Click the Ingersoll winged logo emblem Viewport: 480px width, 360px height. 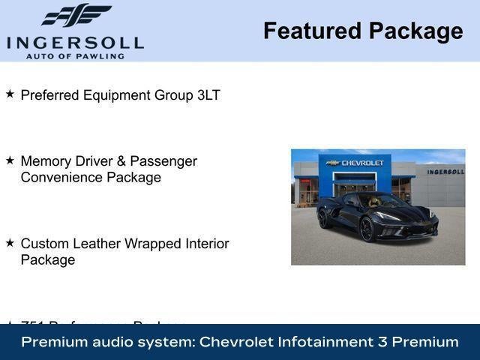[75, 15]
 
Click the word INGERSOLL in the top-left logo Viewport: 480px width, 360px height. [75, 41]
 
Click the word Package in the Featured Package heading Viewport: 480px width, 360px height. [415, 31]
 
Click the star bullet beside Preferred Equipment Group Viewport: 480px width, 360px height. [10, 94]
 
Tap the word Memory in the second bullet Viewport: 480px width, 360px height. [46, 161]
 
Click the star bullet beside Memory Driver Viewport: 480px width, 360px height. [10, 160]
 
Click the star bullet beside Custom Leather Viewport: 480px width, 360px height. [10, 243]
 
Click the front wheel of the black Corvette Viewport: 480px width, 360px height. [367, 229]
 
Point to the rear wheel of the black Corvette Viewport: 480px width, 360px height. [322, 217]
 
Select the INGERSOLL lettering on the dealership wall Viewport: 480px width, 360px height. [445, 172]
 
